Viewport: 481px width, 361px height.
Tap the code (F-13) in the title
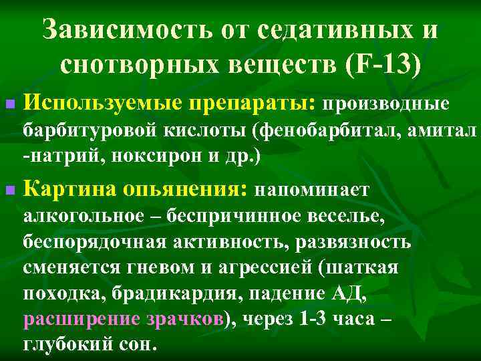[x=383, y=66]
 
